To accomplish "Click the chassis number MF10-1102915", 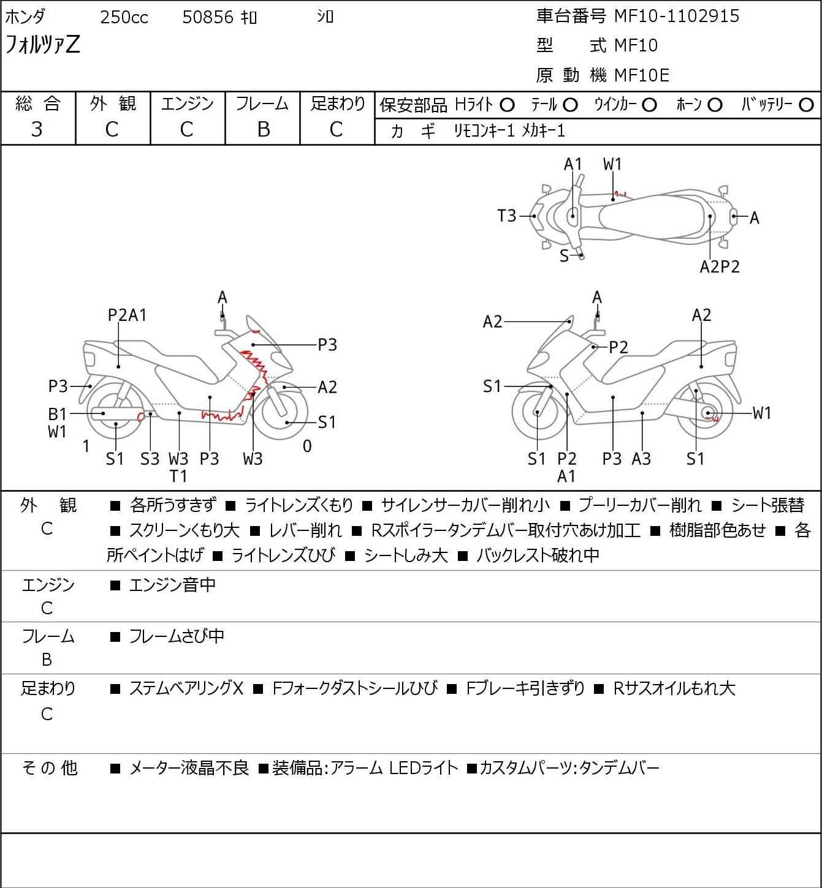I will (677, 16).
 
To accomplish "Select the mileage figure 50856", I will (208, 17).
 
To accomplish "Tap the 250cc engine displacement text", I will (124, 17).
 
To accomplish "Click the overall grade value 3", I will (37, 129).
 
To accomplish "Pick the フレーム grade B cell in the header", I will (263, 129).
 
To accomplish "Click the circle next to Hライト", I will (507, 105).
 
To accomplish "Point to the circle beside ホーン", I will (715, 105).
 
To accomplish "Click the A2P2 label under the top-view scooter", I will (720, 266).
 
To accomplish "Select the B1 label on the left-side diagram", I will (58, 414).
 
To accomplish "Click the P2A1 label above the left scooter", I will (127, 315).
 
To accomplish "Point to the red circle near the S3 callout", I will (141, 417).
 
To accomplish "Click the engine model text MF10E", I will (642, 75).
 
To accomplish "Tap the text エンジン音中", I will (172, 585).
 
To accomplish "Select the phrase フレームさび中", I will (177, 636).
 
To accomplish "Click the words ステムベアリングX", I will (186, 688).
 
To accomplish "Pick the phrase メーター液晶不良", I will (189, 767).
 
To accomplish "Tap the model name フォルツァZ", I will (42, 45).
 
